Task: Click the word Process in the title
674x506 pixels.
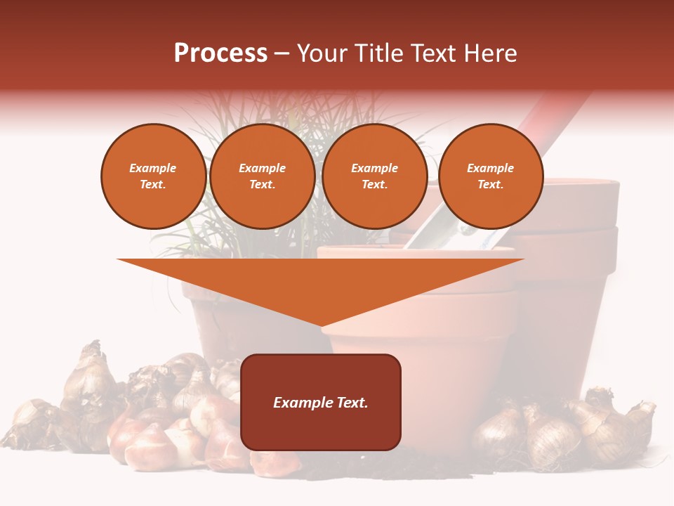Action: (x=220, y=53)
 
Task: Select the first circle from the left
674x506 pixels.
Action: (x=153, y=176)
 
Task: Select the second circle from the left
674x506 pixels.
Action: (x=263, y=176)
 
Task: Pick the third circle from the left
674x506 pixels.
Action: (x=374, y=176)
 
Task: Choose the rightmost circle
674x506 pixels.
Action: (x=491, y=176)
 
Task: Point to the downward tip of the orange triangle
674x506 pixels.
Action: (x=322, y=325)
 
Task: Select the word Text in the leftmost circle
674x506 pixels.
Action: (x=152, y=184)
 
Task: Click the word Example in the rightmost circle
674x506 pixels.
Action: (x=490, y=168)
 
